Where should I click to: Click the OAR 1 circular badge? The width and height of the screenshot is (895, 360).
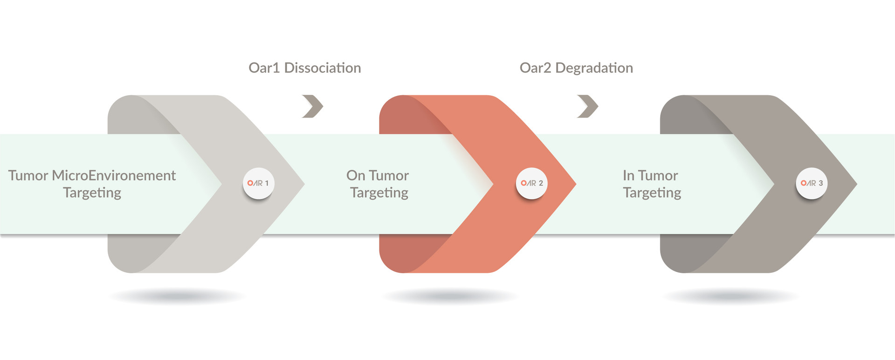pyautogui.click(x=259, y=183)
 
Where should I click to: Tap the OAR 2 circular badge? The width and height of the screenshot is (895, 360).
pyautogui.click(x=531, y=183)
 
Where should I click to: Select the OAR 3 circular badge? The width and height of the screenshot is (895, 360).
pyautogui.click(x=812, y=183)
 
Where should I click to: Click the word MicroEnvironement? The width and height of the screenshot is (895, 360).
pyautogui.click(x=114, y=175)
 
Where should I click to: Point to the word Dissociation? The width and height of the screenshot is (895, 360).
pyautogui.click(x=323, y=68)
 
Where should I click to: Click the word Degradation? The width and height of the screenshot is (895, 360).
pyautogui.click(x=594, y=68)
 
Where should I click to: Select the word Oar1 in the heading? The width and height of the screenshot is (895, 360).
pyautogui.click(x=264, y=68)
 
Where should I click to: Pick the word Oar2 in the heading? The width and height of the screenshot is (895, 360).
pyautogui.click(x=536, y=68)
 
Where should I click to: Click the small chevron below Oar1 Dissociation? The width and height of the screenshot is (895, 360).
pyautogui.click(x=313, y=106)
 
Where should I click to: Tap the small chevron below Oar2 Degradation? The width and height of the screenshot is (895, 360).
pyautogui.click(x=588, y=106)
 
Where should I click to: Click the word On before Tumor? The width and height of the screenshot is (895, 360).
pyautogui.click(x=356, y=175)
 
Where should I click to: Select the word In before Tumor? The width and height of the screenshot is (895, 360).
pyautogui.click(x=629, y=175)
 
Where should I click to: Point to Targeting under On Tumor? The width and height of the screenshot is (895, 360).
pyautogui.click(x=379, y=193)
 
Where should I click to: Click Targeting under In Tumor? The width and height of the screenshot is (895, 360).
pyautogui.click(x=652, y=193)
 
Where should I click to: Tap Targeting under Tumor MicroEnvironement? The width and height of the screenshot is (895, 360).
pyautogui.click(x=92, y=193)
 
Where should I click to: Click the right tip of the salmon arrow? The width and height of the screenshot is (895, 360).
pyautogui.click(x=576, y=184)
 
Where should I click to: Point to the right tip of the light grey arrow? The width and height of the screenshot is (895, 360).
pyautogui.click(x=304, y=184)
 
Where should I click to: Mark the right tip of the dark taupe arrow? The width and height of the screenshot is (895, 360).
pyautogui.click(x=857, y=184)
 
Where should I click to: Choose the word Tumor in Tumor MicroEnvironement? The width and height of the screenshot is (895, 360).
pyautogui.click(x=28, y=175)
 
